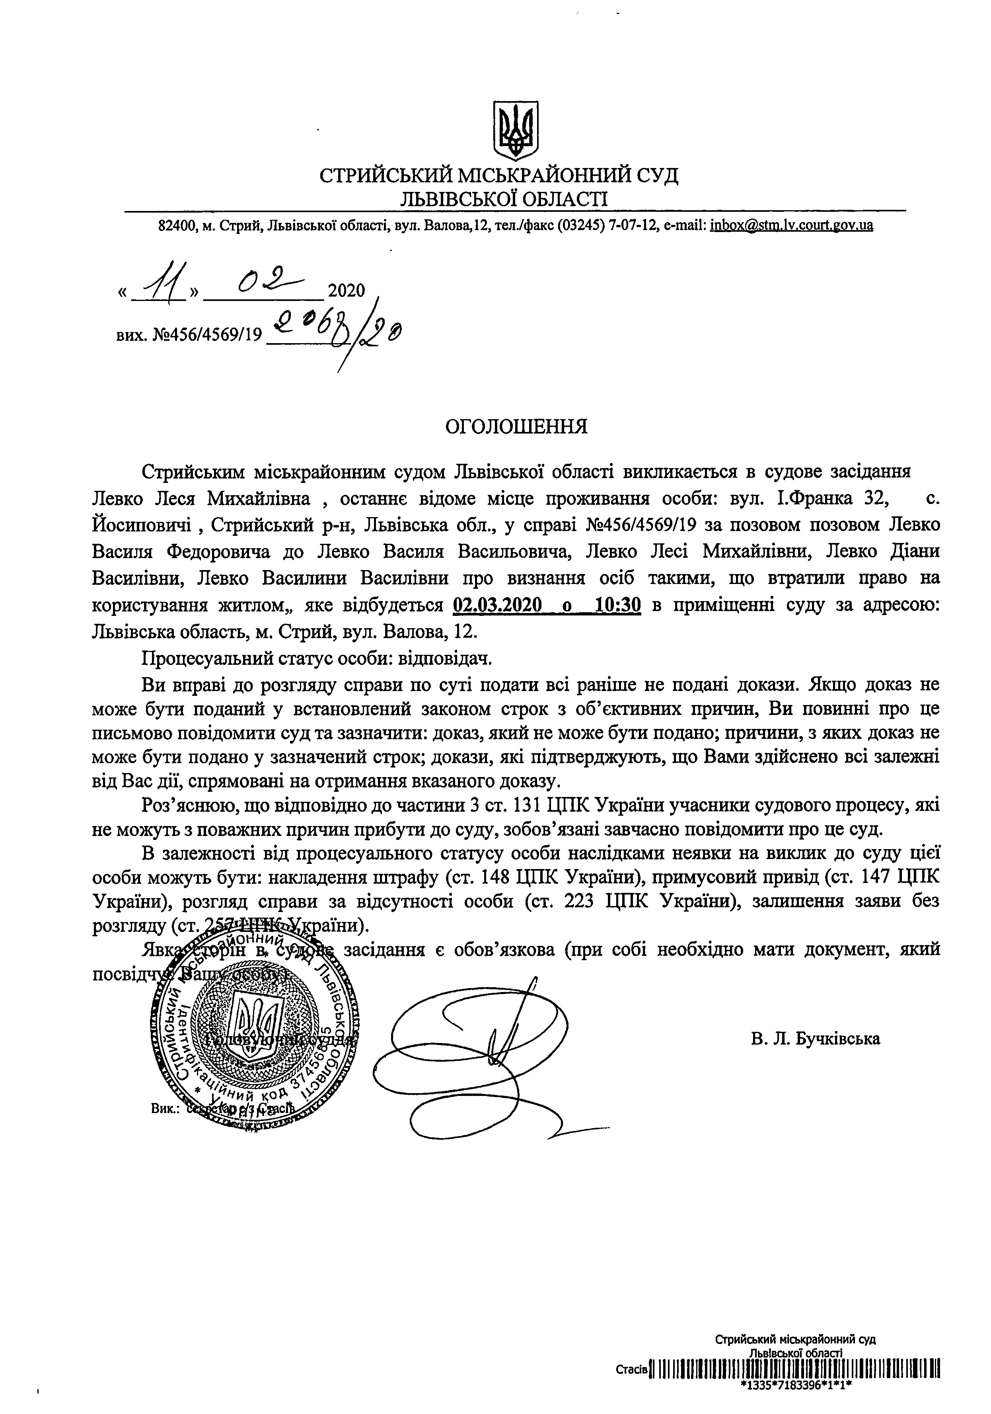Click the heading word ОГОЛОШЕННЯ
[x=516, y=426]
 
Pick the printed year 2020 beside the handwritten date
[x=347, y=290]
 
